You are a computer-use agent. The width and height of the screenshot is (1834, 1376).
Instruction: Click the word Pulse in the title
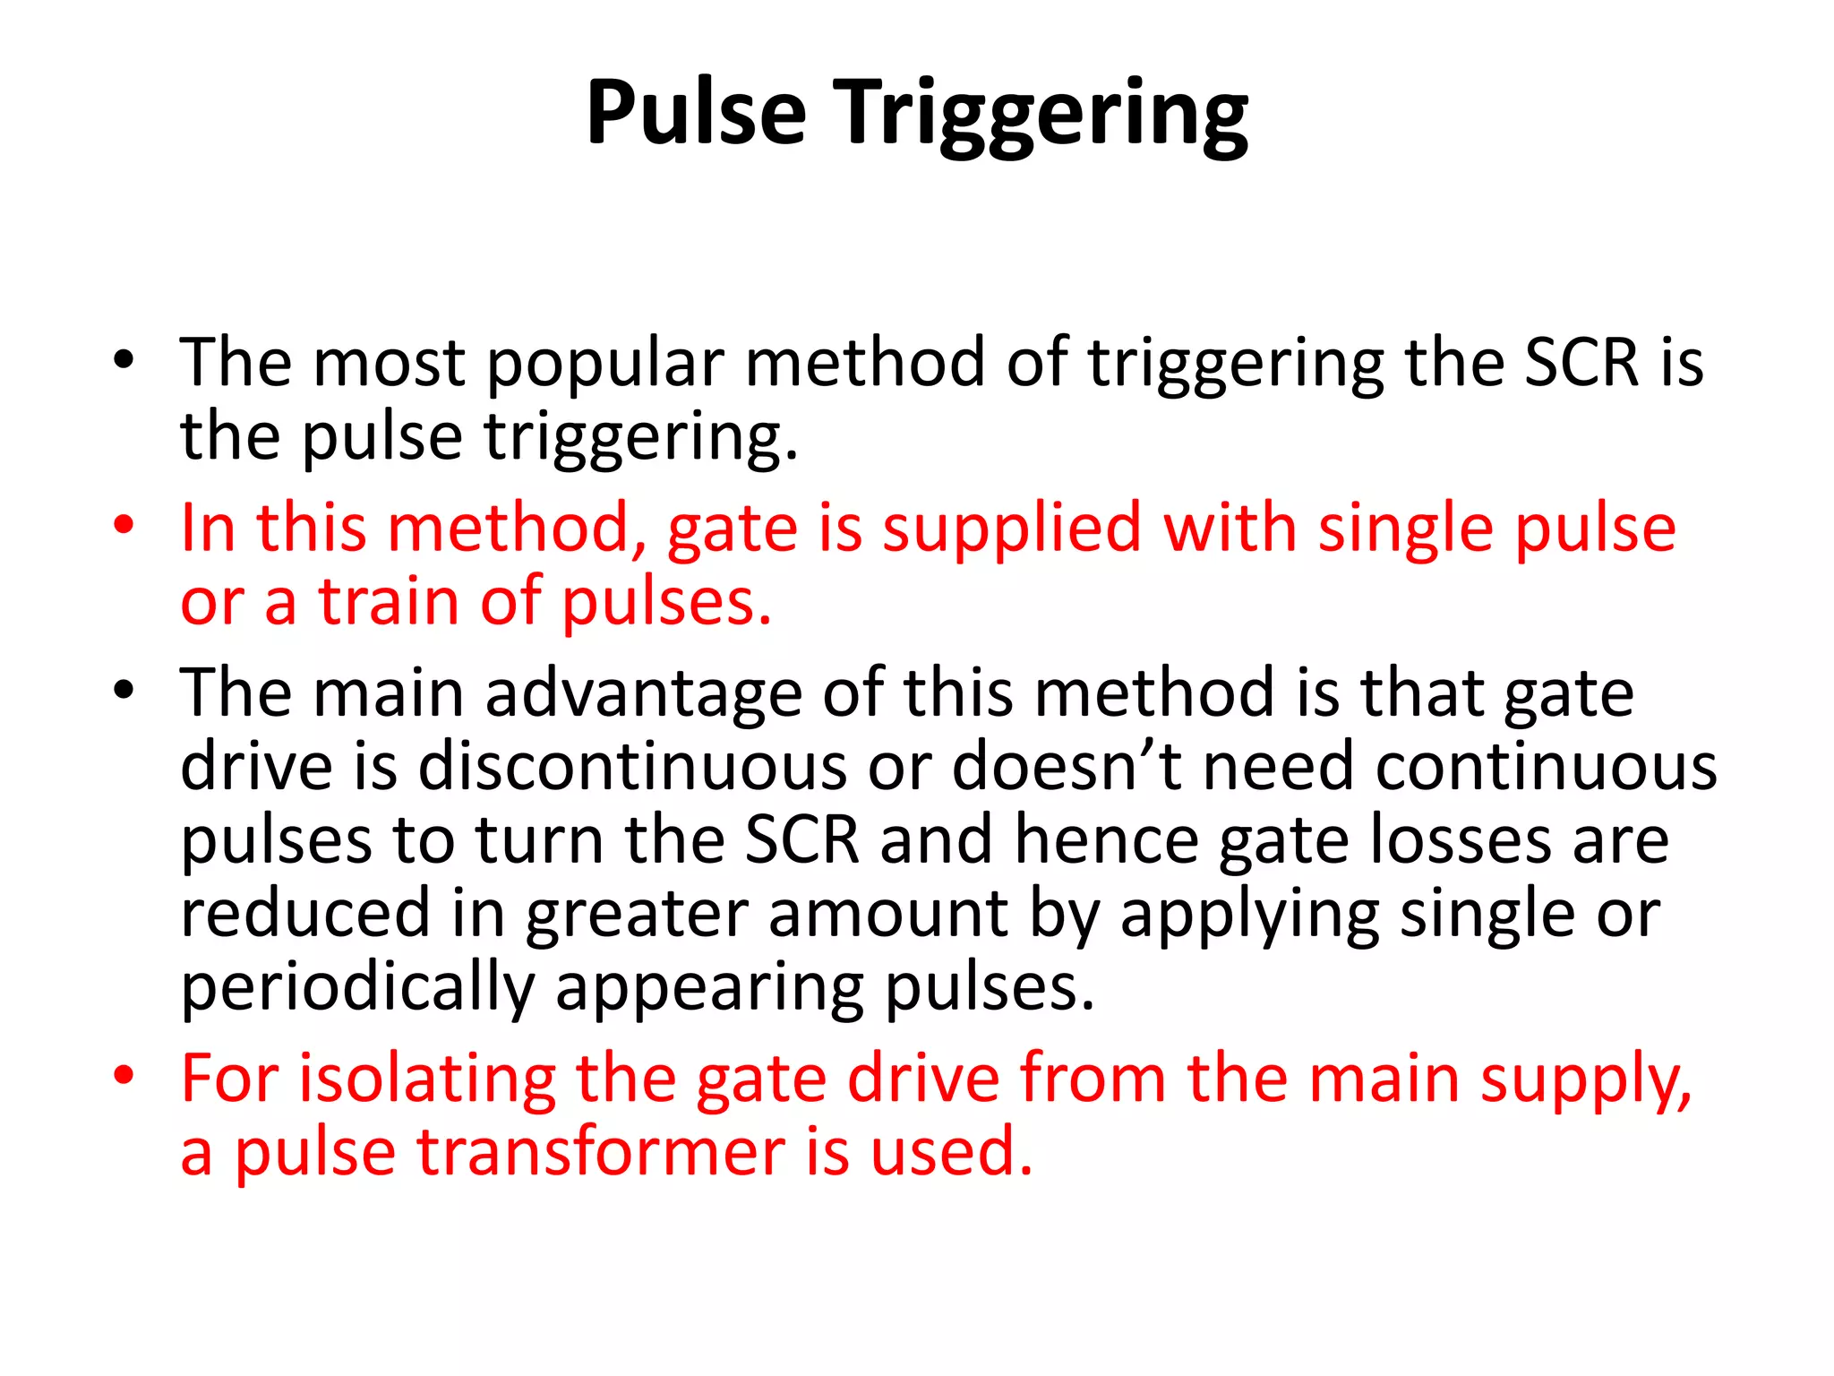(x=696, y=113)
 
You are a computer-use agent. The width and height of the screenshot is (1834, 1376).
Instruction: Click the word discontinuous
(x=632, y=768)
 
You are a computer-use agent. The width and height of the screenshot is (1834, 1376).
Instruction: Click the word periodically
(x=357, y=990)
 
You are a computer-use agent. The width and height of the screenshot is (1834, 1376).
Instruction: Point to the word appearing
(x=710, y=990)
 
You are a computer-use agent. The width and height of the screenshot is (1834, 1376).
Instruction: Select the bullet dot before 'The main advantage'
(x=124, y=691)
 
